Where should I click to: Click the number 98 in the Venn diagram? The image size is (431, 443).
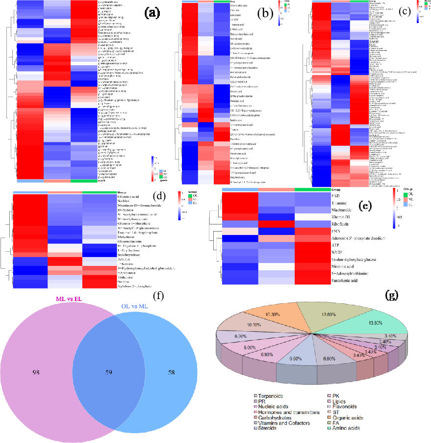35,372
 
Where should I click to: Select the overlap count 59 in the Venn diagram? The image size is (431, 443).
109,372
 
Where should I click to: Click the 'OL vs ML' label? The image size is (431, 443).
134,307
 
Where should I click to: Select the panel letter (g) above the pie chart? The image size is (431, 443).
392,295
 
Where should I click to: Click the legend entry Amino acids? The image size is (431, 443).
346,428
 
